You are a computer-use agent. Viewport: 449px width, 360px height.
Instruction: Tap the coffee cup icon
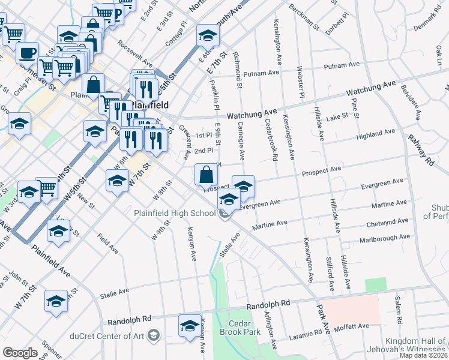click(x=27, y=53)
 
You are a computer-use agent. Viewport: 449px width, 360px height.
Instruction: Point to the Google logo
click(x=20, y=353)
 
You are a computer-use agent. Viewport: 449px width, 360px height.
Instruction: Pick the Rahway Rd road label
click(x=420, y=149)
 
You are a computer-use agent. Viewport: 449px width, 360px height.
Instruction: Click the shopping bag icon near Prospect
click(x=206, y=175)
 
